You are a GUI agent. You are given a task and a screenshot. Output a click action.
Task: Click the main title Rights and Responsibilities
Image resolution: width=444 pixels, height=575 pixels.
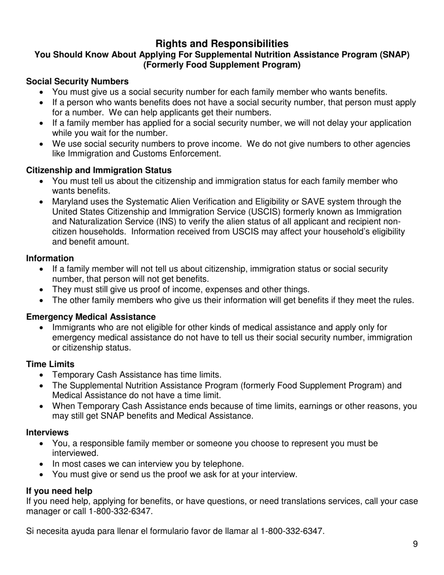(x=222, y=43)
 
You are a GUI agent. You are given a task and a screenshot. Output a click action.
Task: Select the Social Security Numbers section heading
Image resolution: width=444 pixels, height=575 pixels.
(x=77, y=81)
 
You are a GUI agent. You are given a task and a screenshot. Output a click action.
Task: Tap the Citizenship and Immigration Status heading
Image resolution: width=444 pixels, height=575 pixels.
(x=99, y=170)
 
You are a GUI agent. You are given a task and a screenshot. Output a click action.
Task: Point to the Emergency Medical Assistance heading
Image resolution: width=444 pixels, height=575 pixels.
(x=91, y=317)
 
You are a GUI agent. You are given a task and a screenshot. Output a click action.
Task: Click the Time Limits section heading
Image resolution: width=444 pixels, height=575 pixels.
(x=50, y=364)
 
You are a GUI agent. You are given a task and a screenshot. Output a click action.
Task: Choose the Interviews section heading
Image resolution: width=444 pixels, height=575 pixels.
(x=47, y=432)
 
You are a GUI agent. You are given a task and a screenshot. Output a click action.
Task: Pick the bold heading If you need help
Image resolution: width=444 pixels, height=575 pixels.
(x=59, y=491)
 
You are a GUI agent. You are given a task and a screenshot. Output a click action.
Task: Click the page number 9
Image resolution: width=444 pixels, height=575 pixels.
(x=415, y=544)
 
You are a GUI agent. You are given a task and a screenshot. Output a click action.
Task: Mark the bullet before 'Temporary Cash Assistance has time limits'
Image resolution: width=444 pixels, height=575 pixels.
(x=43, y=375)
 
